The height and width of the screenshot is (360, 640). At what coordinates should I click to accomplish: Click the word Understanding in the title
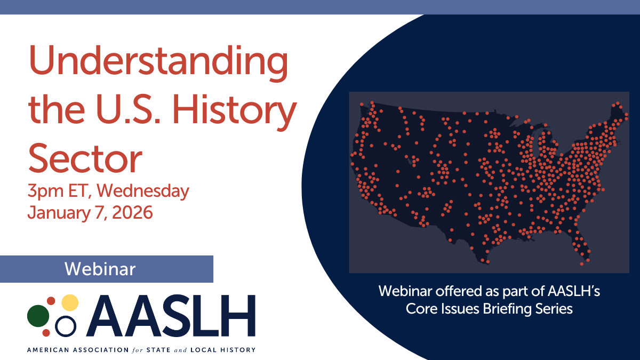pyautogui.click(x=158, y=63)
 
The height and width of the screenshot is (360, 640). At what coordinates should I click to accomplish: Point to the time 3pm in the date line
pyautogui.click(x=46, y=191)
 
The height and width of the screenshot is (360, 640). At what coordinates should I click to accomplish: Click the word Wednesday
pyautogui.click(x=143, y=190)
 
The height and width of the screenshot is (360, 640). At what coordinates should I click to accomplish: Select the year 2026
pyautogui.click(x=133, y=213)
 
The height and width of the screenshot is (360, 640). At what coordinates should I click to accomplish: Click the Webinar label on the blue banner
pyautogui.click(x=100, y=269)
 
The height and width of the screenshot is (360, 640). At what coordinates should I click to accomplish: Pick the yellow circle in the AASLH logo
pyautogui.click(x=70, y=302)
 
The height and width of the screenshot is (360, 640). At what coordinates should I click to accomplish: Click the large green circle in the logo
pyautogui.click(x=38, y=316)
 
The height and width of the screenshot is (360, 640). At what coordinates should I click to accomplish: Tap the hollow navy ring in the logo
pyautogui.click(x=66, y=326)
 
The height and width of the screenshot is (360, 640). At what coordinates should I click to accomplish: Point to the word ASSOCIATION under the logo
pyautogui.click(x=101, y=350)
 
